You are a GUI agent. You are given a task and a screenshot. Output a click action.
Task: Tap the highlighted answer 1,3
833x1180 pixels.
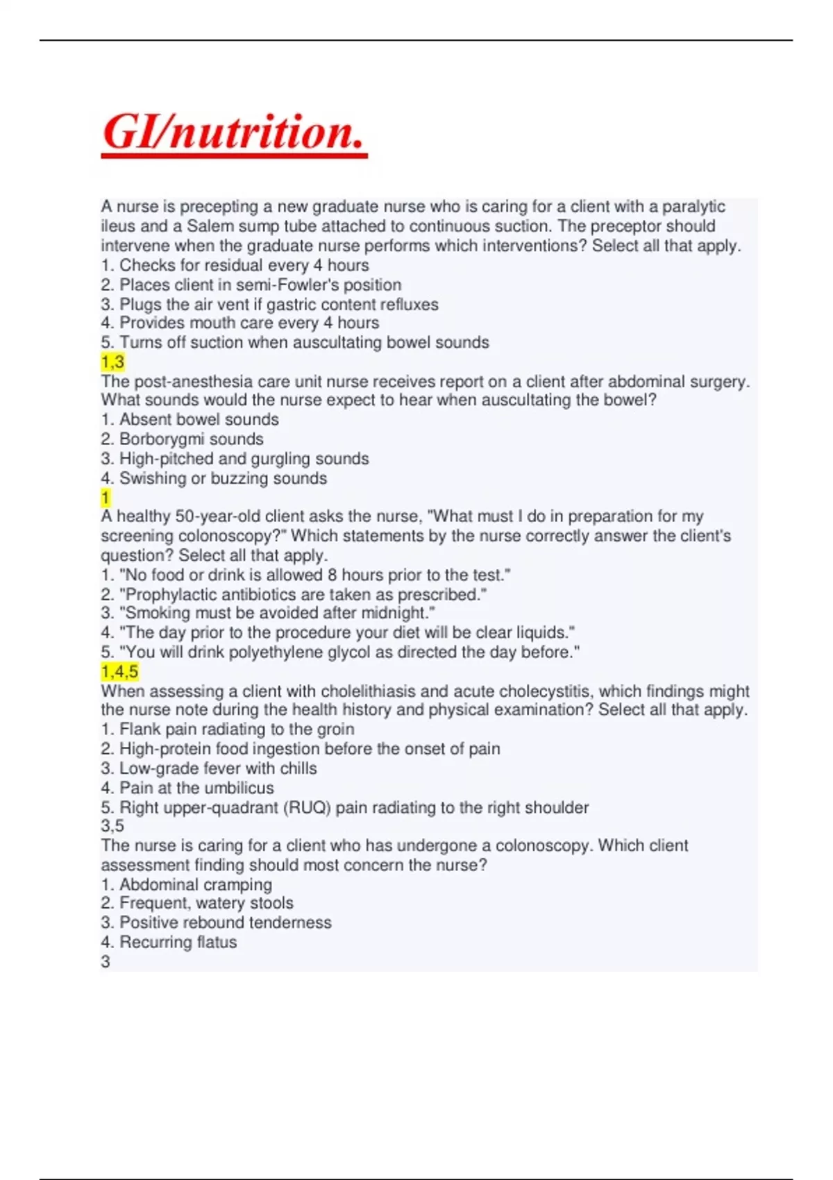point(112,362)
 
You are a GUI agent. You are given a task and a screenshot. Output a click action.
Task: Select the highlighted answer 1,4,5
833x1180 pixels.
point(119,671)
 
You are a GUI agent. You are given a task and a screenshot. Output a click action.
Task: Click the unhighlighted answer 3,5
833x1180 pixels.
point(112,826)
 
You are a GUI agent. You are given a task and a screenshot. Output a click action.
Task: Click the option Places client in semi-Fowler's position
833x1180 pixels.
point(251,285)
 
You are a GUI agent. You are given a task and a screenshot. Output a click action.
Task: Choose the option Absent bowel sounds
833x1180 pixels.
point(190,419)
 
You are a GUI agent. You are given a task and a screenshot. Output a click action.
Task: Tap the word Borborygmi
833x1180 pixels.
point(162,439)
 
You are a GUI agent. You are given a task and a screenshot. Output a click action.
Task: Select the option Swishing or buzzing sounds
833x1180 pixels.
point(214,478)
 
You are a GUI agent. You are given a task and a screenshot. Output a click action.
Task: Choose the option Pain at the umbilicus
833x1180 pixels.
point(187,788)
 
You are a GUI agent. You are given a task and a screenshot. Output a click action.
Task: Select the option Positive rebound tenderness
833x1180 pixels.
point(217,922)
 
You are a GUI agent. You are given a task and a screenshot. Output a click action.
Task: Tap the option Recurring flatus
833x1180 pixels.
point(169,942)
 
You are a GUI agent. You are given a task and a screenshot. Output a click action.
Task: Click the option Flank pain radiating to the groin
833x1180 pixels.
point(228,729)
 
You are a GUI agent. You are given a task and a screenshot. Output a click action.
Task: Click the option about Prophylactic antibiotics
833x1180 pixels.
point(294,594)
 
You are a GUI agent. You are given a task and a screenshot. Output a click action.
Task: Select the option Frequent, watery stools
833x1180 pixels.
point(198,903)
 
